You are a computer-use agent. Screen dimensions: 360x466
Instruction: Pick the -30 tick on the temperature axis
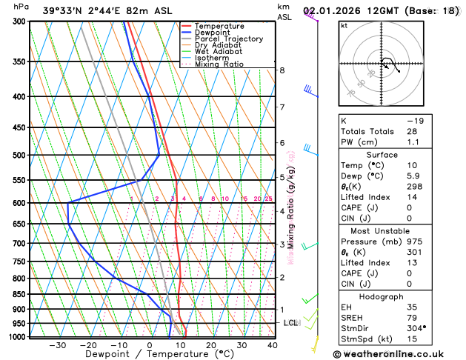pyautogui.click(x=57, y=345)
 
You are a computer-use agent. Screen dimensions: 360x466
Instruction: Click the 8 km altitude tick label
pyautogui.click(x=282, y=70)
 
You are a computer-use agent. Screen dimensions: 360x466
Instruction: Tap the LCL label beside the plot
pyautogui.click(x=290, y=323)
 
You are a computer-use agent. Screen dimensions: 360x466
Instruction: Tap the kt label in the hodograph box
pyautogui.click(x=344, y=25)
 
